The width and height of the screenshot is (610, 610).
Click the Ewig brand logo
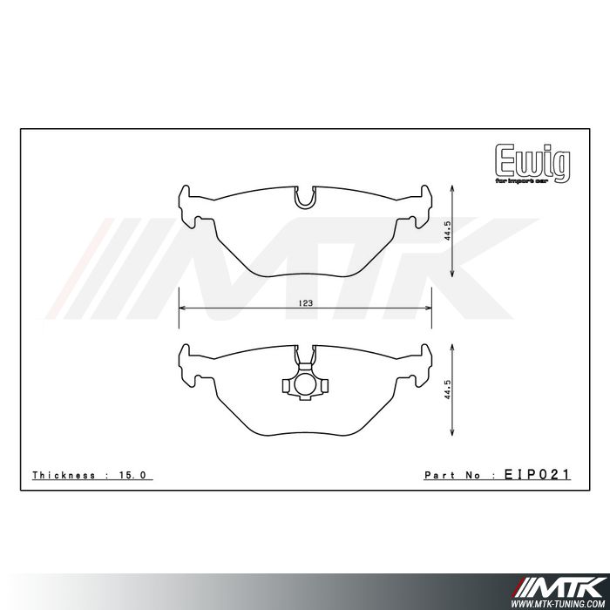[x=532, y=162]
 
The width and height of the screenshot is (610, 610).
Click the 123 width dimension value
[x=305, y=302]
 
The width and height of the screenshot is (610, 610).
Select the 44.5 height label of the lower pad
[x=446, y=389]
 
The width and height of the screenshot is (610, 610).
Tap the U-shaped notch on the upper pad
[x=304, y=198]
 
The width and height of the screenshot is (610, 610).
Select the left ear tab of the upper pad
[x=186, y=202]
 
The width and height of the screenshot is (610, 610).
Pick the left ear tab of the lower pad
[x=186, y=359]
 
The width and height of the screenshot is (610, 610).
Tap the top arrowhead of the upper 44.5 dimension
[x=453, y=189]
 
